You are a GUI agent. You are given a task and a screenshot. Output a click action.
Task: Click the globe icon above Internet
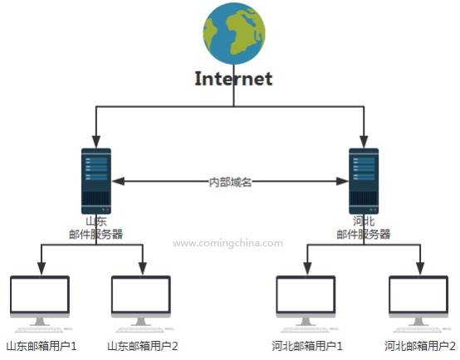pos(234,33)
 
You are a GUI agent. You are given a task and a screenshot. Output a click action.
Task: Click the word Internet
pos(234,79)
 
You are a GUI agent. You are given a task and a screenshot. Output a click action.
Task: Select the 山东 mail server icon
pos(96,181)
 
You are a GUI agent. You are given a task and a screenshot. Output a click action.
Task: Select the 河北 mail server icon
pos(364,181)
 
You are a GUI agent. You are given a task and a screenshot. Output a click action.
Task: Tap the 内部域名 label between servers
pos(230,182)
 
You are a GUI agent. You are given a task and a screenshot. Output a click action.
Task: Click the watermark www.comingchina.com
pos(228,243)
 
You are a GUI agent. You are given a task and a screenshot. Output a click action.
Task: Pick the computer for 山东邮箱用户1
pos(41,304)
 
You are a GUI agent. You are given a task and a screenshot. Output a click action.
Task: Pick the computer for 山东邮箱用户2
pos(142,304)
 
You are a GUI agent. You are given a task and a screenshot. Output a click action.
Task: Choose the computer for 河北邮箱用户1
pos(306,304)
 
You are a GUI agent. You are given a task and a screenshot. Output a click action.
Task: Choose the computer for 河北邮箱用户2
pos(419,304)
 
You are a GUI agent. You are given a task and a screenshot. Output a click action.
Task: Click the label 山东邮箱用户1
pos(42,346)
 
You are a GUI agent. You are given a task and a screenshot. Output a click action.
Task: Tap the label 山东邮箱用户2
pos(143,346)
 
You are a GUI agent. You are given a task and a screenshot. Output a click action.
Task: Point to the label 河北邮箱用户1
pos(307,346)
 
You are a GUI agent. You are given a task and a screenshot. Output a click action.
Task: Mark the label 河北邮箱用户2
pos(420,346)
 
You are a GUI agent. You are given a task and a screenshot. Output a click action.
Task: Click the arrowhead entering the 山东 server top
pos(96,142)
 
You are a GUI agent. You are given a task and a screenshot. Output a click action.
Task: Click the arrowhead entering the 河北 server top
pos(364,142)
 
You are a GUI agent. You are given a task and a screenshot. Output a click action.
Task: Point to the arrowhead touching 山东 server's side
pos(118,181)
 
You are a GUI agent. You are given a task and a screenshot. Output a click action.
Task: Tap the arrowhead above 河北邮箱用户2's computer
pos(420,269)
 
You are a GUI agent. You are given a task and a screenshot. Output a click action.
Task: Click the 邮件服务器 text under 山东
pos(96,234)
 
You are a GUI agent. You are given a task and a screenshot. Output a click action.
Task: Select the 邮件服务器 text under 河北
pos(364,234)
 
